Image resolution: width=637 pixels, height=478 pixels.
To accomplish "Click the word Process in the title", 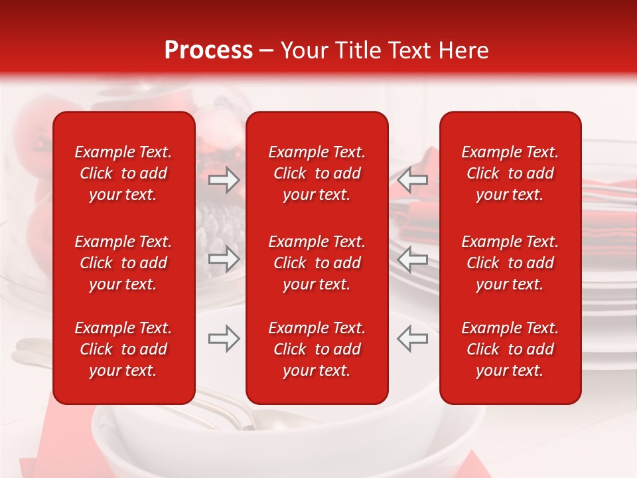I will coord(208,50).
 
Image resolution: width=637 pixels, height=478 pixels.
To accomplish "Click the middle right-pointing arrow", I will coord(224,260).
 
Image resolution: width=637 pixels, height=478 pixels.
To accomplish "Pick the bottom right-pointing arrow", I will coord(224,339).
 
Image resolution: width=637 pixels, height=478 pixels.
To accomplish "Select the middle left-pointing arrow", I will coord(413,260).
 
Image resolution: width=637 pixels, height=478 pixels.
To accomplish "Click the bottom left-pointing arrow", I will coord(413,339).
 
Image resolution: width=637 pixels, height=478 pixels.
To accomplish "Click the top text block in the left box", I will coord(123,173).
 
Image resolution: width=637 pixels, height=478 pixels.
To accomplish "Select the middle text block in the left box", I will coord(123,263).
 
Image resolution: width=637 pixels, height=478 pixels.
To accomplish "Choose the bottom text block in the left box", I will coord(123,349).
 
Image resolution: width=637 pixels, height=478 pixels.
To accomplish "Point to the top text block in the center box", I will coord(317,173).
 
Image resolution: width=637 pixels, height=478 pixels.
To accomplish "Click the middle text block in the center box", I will coord(317,263).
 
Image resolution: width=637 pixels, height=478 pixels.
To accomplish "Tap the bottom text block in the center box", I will coord(317,349).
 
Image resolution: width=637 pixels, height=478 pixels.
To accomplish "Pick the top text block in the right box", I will coord(510,173).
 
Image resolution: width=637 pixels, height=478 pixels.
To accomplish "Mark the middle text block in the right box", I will coord(510,263).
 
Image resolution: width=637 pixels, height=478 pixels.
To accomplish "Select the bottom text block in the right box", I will coord(510,349).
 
